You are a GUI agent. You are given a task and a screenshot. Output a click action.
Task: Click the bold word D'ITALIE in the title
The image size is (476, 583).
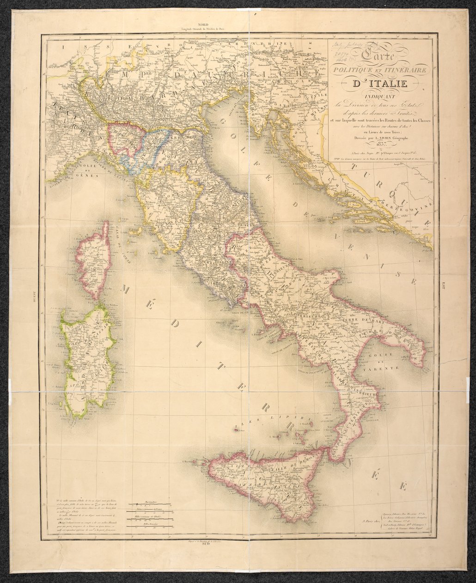click(x=380, y=84)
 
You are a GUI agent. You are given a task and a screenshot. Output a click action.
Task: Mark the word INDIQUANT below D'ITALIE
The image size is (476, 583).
click(x=380, y=96)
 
